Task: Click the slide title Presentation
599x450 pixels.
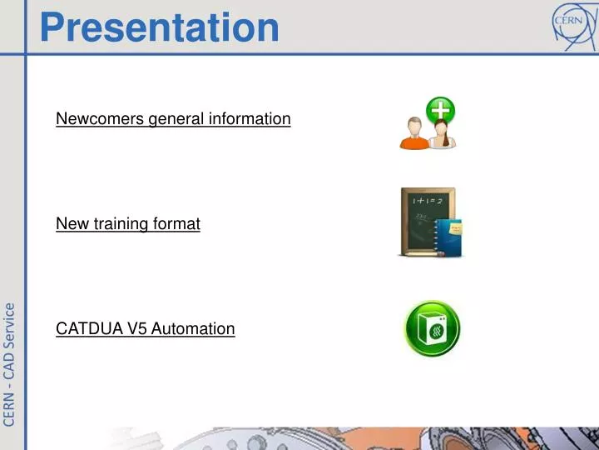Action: [x=159, y=26]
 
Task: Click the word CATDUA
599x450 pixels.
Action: [x=90, y=328]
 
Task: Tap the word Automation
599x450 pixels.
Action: [x=193, y=328]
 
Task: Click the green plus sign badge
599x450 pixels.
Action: [x=440, y=110]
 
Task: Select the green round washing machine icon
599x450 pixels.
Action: [x=432, y=329]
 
